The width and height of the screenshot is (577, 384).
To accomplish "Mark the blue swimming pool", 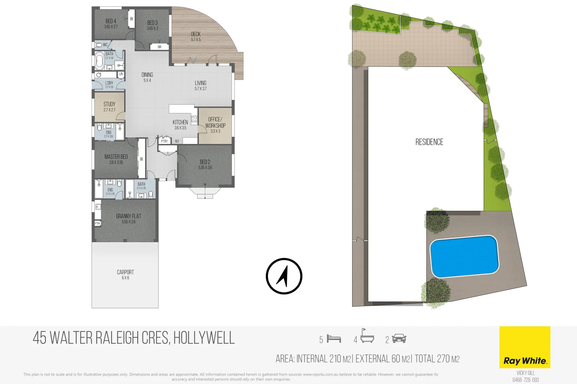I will [x=464, y=256].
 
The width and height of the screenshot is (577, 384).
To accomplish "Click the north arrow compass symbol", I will [x=284, y=276].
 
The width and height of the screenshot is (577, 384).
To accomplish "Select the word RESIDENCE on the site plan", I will [x=429, y=142].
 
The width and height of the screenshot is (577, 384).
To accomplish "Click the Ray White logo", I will [x=525, y=347].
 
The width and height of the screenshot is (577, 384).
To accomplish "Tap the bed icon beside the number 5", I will [x=334, y=339].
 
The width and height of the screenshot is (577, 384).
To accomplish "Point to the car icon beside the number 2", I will [x=399, y=338].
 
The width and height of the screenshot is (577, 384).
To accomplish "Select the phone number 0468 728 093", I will [x=525, y=380].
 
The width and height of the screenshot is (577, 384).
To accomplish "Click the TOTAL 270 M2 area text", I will [x=437, y=359].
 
